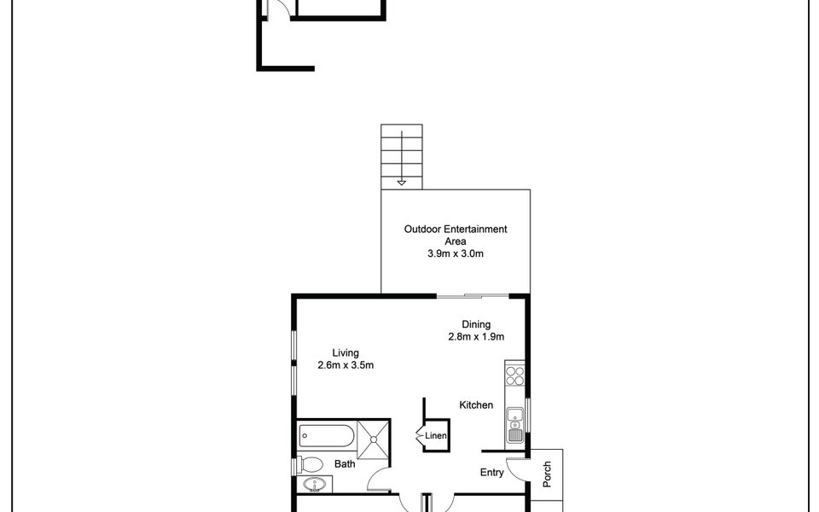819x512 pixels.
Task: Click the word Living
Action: pos(346,352)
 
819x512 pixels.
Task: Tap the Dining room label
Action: pos(476,323)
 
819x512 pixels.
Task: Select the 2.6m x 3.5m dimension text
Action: pos(346,365)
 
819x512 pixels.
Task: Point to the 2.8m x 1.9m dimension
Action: pos(476,336)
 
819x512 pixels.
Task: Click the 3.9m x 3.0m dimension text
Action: pos(456,254)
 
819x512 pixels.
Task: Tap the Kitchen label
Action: pos(476,405)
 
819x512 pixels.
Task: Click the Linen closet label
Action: pos(436,436)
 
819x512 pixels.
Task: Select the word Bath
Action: pos(345,465)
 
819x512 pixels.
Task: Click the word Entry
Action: pos(491,471)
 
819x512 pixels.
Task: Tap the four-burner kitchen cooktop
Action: pos(514,378)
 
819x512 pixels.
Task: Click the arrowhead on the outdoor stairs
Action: pos(402,181)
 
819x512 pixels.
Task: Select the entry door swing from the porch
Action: pos(516,468)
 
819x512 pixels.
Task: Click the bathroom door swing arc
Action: pos(376,482)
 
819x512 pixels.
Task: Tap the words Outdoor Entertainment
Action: pos(456,229)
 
